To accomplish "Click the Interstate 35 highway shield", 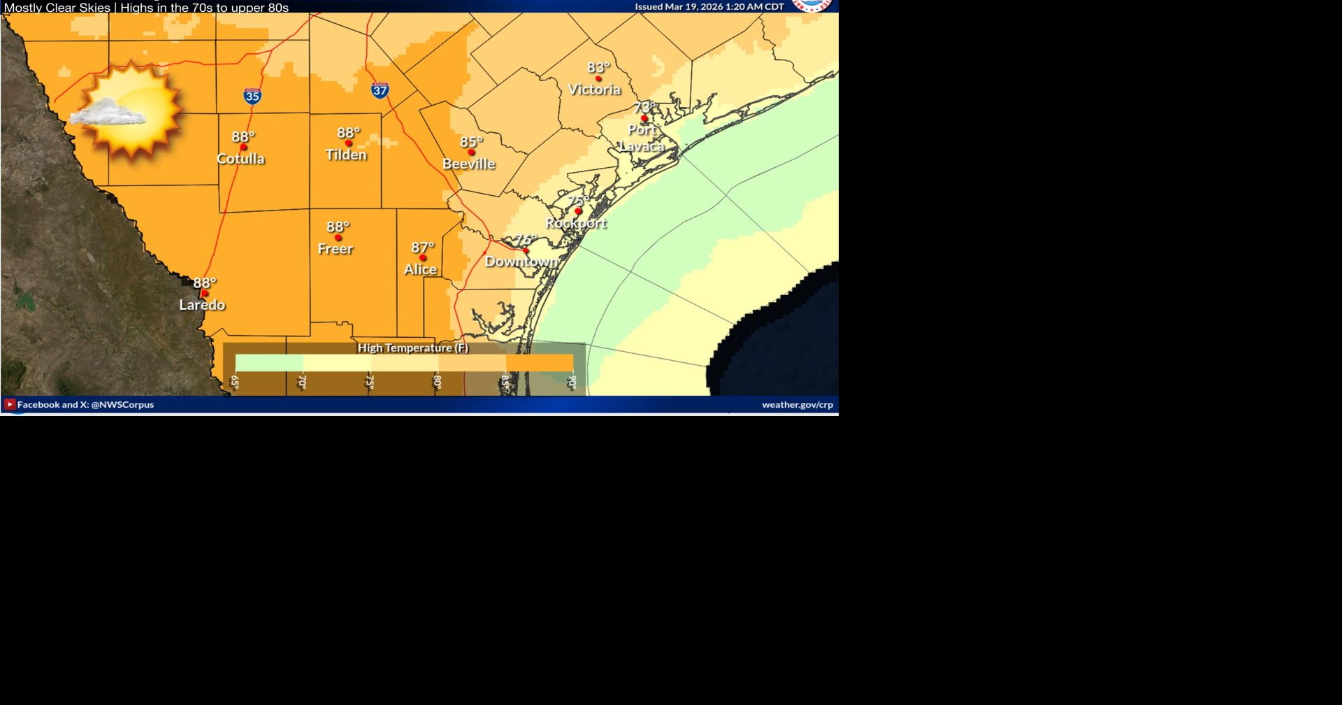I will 252,96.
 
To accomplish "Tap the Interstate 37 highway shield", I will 380,90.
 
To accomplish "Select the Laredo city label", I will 202,305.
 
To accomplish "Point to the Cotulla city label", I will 240,159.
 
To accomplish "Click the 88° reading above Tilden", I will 348,133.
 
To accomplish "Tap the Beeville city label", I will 468,164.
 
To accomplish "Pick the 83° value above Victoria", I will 598,68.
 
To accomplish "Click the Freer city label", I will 335,249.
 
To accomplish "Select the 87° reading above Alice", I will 422,248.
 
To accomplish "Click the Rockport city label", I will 576,223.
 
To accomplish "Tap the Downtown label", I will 521,262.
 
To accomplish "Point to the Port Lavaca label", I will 642,138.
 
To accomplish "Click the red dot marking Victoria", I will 598,78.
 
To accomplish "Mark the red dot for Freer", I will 338,238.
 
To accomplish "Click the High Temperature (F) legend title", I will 413,348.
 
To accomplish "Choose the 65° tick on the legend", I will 235,382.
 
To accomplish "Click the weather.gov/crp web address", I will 797,404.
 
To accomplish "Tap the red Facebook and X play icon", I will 10,404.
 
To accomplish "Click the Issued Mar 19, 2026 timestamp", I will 709,7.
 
